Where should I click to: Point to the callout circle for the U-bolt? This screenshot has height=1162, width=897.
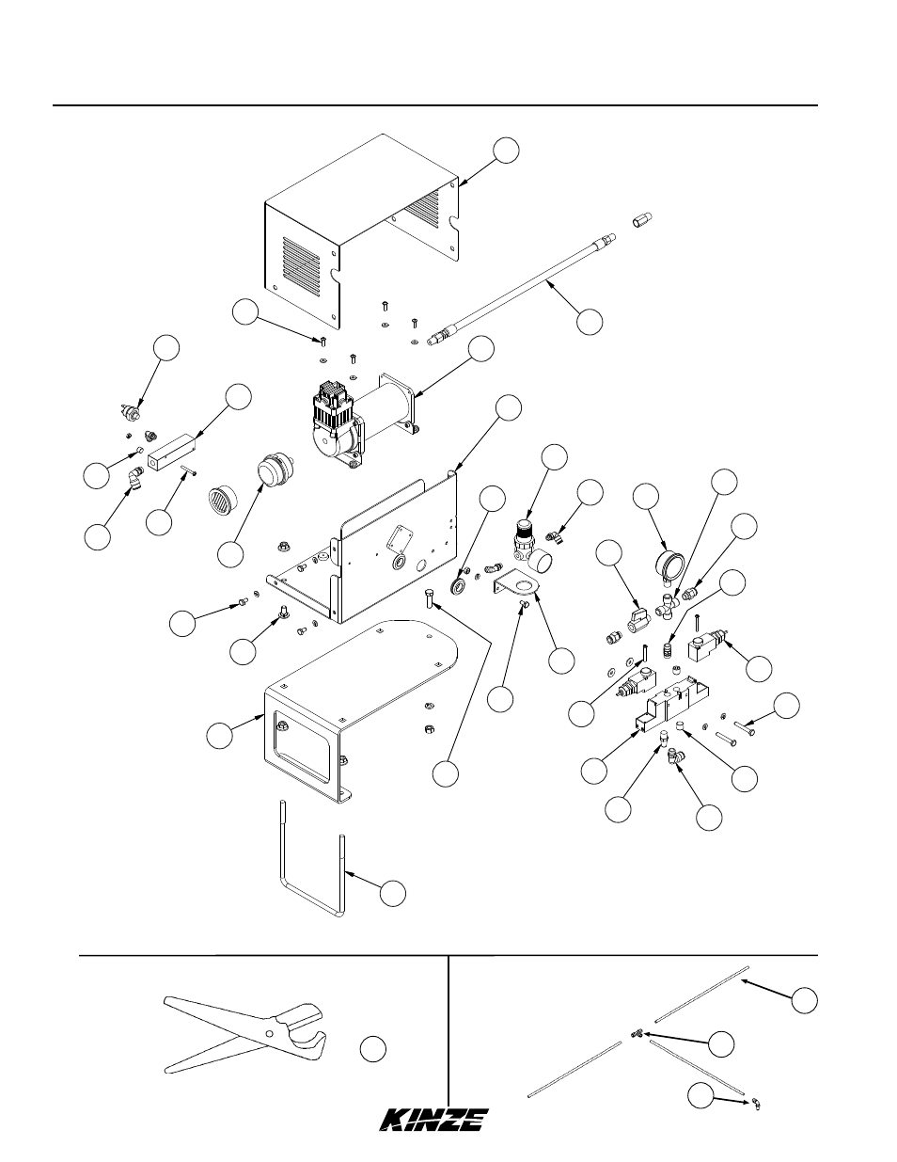coord(393,893)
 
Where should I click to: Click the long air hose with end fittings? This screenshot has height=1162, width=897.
coord(522,289)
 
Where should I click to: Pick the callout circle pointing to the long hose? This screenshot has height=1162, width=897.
coord(590,322)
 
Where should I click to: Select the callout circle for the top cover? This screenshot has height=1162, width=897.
coord(506,151)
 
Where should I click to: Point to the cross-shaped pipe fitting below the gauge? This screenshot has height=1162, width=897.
coord(668,606)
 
